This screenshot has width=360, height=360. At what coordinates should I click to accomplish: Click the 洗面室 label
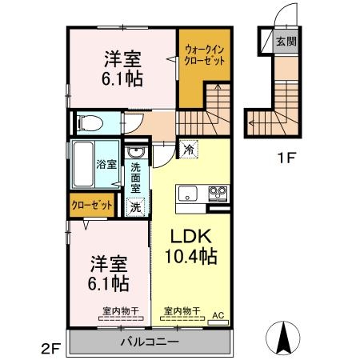tap(136, 178)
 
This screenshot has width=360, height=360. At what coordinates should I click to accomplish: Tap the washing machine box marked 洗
tap(137, 206)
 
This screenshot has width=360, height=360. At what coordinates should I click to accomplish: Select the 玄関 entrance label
tap(286, 40)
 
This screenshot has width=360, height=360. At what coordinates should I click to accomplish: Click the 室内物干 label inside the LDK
tap(181, 310)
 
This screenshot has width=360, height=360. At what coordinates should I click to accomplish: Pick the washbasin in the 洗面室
tap(136, 153)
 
